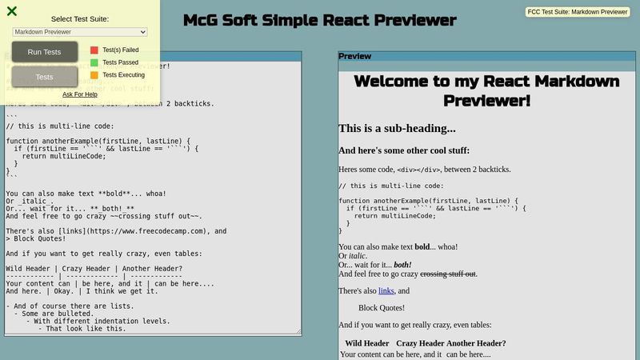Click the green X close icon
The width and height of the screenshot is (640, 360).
[12, 11]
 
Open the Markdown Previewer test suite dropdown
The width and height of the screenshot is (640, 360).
[80, 32]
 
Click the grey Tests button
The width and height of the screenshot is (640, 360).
[45, 77]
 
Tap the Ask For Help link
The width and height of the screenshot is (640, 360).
[80, 94]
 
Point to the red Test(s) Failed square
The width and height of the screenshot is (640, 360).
[94, 50]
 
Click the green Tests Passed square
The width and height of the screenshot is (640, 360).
[94, 62]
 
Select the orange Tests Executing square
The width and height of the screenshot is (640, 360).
[94, 75]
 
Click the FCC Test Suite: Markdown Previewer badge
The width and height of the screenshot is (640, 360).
[578, 12]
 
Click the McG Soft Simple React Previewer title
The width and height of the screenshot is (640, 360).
[320, 20]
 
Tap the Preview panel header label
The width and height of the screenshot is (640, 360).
[355, 57]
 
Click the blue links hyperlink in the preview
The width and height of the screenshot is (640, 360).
[386, 291]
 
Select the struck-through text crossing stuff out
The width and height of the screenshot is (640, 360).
[448, 274]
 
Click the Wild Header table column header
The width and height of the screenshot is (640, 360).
[366, 343]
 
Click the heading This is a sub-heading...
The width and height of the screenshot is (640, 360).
[397, 128]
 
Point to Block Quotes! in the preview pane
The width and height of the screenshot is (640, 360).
[382, 308]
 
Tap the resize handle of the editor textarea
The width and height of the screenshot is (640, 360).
[298, 330]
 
